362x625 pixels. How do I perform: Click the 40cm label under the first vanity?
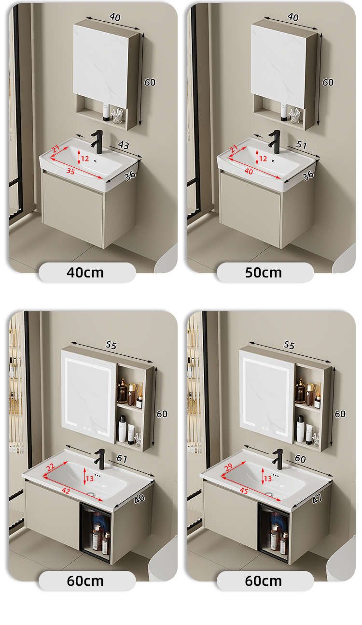tap(85, 273)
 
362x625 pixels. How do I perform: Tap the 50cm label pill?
tap(265, 273)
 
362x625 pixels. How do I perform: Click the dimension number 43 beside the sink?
tap(124, 145)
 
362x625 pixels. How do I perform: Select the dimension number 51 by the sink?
tap(302, 145)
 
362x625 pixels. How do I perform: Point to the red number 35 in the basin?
tap(70, 171)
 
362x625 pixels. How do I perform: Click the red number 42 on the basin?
tap(66, 491)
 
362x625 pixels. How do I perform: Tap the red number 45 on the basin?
tap(244, 491)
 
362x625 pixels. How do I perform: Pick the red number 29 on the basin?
tap(228, 467)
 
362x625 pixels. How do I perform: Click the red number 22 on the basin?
tap(51, 467)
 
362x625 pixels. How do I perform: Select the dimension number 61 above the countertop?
tap(122, 458)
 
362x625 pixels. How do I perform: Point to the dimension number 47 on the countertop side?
tap(317, 499)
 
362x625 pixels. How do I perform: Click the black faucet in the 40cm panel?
tap(97, 142)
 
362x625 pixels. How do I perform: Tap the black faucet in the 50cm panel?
tap(275, 142)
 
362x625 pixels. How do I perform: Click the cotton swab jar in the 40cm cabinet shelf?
tap(117, 116)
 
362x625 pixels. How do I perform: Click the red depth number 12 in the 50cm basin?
tap(263, 159)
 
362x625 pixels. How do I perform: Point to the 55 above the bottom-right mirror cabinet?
tap(289, 346)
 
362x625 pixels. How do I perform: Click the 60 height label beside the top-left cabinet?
tap(150, 82)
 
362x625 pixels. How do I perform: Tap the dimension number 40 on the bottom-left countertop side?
tap(139, 499)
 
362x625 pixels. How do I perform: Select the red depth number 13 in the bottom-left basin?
tap(90, 479)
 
